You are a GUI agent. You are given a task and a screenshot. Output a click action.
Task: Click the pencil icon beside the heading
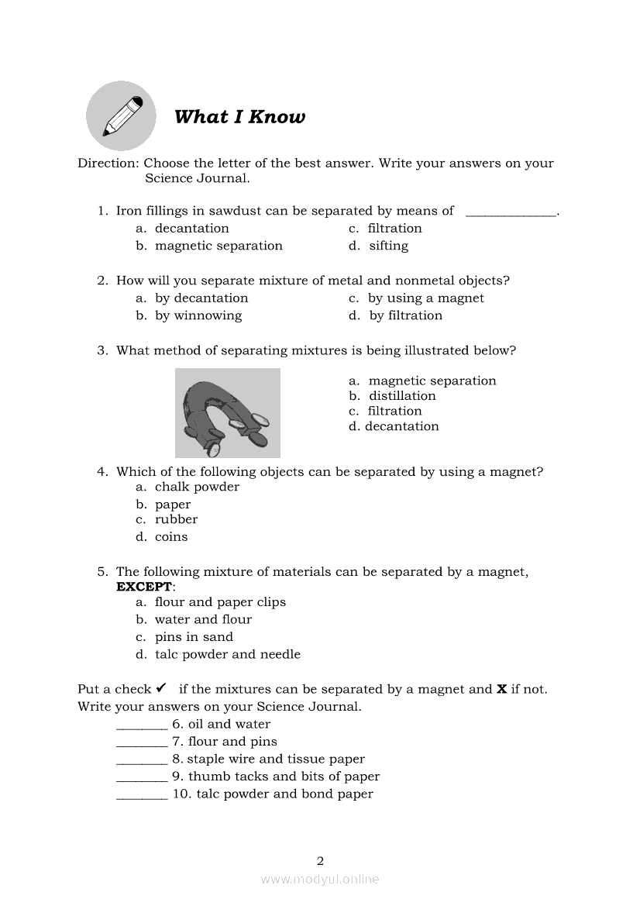[121, 115]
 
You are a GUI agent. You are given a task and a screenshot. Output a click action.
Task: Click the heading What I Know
[239, 117]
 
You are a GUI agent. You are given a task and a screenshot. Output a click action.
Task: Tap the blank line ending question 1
[511, 212]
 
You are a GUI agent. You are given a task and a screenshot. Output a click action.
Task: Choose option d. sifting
[379, 246]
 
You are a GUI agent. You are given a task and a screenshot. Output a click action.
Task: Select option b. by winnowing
[189, 315]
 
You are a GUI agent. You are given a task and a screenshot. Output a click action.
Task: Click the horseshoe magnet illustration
[227, 413]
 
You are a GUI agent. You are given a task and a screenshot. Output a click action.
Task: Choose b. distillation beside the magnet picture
[393, 396]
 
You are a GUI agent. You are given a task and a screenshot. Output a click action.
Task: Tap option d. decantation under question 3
[394, 426]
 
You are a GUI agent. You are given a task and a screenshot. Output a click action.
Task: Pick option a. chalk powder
[188, 487]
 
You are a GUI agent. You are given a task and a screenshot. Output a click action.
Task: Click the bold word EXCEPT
[144, 587]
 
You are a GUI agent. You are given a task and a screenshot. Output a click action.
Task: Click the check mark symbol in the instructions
[161, 688]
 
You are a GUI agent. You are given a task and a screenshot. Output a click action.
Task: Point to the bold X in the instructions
[501, 689]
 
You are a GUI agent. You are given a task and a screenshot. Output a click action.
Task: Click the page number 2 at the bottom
[320, 860]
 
